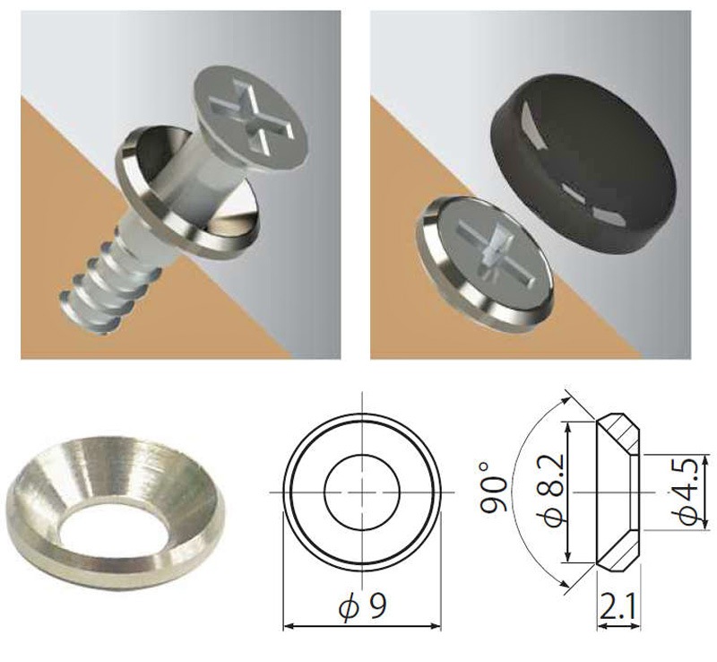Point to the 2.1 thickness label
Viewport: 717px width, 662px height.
[618, 607]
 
